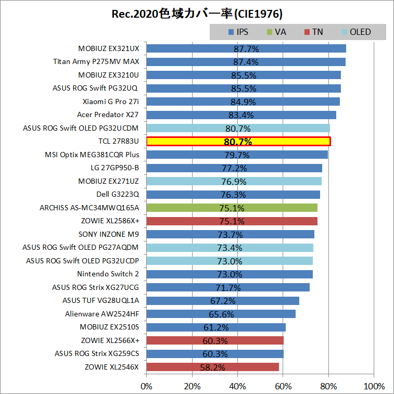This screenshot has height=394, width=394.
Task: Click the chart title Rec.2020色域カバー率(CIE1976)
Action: pyautogui.click(x=197, y=12)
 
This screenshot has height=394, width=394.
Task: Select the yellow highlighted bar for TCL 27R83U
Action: pyautogui.click(x=238, y=142)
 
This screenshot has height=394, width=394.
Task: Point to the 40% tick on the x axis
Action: pyautogui.click(x=237, y=386)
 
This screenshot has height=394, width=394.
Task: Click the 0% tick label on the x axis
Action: pyautogui.click(x=147, y=386)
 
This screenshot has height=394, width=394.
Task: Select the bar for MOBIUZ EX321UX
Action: pyautogui.click(x=246, y=48)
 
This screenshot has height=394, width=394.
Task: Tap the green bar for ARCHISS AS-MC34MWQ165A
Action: pyautogui.click(x=232, y=208)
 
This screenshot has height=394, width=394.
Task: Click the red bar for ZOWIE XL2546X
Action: pyautogui.click(x=213, y=367)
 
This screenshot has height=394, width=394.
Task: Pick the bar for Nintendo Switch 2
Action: pyautogui.click(x=230, y=274)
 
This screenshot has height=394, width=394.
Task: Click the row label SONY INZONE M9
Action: pyautogui.click(x=109, y=234)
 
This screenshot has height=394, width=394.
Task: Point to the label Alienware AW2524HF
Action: pyautogui.click(x=102, y=314)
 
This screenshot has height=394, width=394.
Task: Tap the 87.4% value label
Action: pyautogui.click(x=246, y=62)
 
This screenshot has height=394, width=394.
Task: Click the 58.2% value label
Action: pyautogui.click(x=212, y=367)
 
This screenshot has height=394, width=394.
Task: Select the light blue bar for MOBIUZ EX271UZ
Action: pyautogui.click(x=234, y=181)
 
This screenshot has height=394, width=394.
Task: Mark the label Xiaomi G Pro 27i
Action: pyautogui.click(x=111, y=101)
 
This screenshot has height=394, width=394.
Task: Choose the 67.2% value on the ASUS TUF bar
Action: pyautogui.click(x=223, y=301)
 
